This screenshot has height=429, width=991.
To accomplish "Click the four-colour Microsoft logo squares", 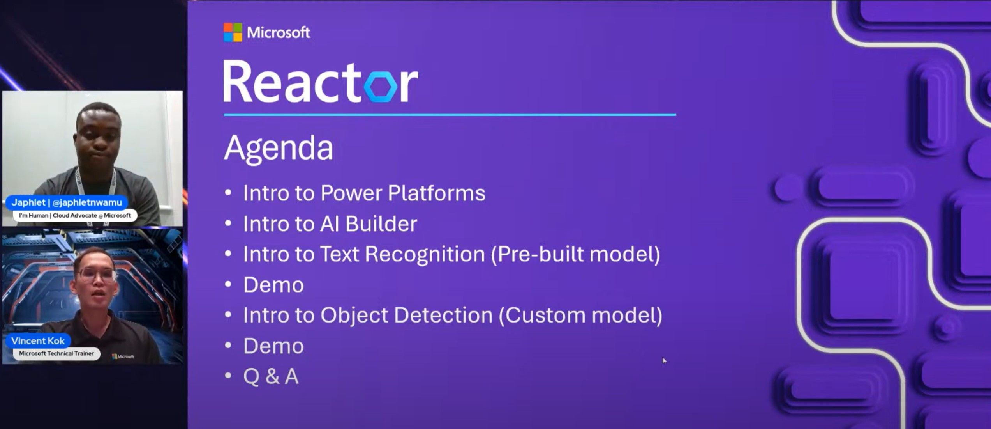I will pyautogui.click(x=233, y=32).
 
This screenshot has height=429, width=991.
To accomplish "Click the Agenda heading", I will pyautogui.click(x=279, y=148).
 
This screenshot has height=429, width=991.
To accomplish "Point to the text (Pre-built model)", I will pyautogui.click(x=575, y=254).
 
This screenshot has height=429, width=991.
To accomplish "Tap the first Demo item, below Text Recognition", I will pyautogui.click(x=273, y=285).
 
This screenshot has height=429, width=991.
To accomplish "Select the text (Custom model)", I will pyautogui.click(x=580, y=315).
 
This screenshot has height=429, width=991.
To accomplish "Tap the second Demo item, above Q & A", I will pyautogui.click(x=273, y=346).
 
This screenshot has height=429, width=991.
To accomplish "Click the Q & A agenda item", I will pyautogui.click(x=271, y=376).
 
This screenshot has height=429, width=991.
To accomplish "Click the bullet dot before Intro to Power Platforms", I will pyautogui.click(x=228, y=193).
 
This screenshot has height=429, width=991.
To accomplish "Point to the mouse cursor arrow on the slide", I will pyautogui.click(x=664, y=360).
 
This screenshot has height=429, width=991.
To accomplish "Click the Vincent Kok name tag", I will pyautogui.click(x=38, y=341).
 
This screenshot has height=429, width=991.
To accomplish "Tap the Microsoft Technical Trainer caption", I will pyautogui.click(x=56, y=353).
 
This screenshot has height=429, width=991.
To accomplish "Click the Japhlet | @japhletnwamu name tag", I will pyautogui.click(x=67, y=202).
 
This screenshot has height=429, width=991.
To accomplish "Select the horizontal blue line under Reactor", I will pyautogui.click(x=450, y=115).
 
